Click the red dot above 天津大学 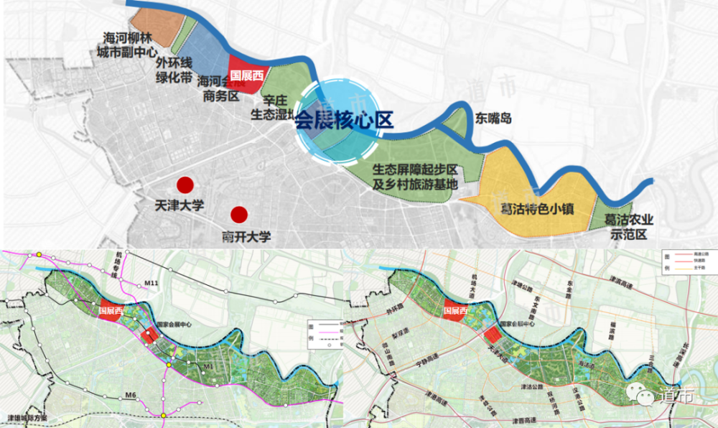pyautogui.click(x=186, y=185)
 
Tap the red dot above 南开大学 pyautogui.click(x=238, y=214)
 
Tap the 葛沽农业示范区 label pyautogui.click(x=629, y=227)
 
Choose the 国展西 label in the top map pyautogui.click(x=246, y=74)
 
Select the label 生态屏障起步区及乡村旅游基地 pyautogui.click(x=414, y=177)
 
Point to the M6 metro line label pyautogui.click(x=129, y=395)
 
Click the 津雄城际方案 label pyautogui.click(x=27, y=417)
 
